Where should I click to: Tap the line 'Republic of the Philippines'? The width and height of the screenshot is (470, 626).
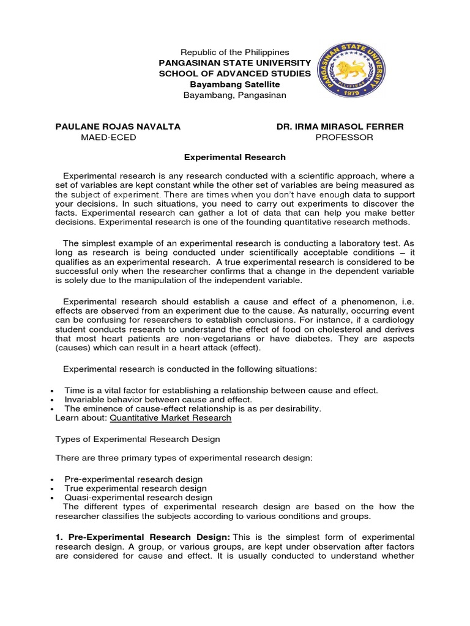pyautogui.click(x=236, y=53)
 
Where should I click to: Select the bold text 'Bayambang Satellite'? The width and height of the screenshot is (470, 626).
pyautogui.click(x=236, y=84)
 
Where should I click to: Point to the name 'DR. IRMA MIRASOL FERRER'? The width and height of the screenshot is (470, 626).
pyautogui.click(x=340, y=127)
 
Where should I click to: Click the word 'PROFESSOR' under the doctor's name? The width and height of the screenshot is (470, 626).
pyautogui.click(x=344, y=138)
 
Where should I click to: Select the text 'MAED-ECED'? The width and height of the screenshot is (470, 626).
pyautogui.click(x=108, y=138)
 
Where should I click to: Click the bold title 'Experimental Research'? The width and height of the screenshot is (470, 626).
pyautogui.click(x=236, y=157)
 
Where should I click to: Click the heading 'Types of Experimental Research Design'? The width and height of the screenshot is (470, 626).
pyautogui.click(x=138, y=439)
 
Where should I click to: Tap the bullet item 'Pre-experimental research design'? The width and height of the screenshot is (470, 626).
pyautogui.click(x=133, y=479)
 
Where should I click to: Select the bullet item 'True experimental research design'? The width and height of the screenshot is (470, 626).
pyautogui.click(x=135, y=488)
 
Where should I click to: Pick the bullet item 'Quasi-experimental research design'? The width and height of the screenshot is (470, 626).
pyautogui.click(x=138, y=498)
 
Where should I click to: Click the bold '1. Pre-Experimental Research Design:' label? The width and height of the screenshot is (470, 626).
pyautogui.click(x=140, y=536)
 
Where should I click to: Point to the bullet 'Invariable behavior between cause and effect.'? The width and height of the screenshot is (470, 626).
pyautogui.click(x=158, y=399)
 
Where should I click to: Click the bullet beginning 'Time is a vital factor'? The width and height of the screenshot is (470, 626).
pyautogui.click(x=221, y=390)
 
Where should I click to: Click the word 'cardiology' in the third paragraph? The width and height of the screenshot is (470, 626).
pyautogui.click(x=393, y=320)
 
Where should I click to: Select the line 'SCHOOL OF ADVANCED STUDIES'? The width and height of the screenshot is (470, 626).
pyautogui.click(x=236, y=74)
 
